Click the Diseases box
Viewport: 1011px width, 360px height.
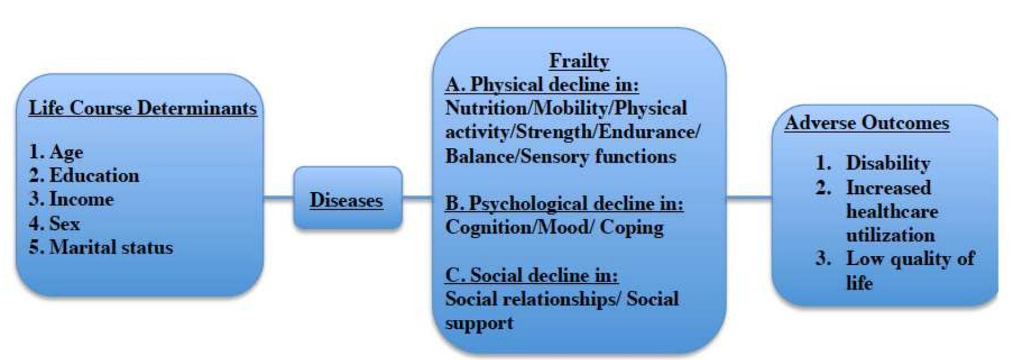pos(347,199)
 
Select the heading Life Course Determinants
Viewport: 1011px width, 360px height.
pos(143,108)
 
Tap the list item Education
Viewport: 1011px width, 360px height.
pos(93,176)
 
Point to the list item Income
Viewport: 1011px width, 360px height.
pos(81,199)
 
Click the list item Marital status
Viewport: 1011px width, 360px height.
pos(111,247)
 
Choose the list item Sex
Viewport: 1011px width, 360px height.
pos(64,223)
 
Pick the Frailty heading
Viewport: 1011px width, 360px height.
pos(579,60)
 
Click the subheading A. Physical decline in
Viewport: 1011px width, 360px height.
pos(542,84)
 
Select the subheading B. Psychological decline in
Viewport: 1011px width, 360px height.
pos(564,204)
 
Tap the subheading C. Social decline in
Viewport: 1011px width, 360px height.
pos(532,275)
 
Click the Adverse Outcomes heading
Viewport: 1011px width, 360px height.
pos(867,123)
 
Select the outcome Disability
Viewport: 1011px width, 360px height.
pos(888,163)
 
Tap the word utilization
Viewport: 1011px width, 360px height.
pos(890,235)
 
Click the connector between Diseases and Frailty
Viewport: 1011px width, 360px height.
pos(417,196)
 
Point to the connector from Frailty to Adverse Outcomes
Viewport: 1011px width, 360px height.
pos(749,196)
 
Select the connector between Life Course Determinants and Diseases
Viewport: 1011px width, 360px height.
pos(279,196)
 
